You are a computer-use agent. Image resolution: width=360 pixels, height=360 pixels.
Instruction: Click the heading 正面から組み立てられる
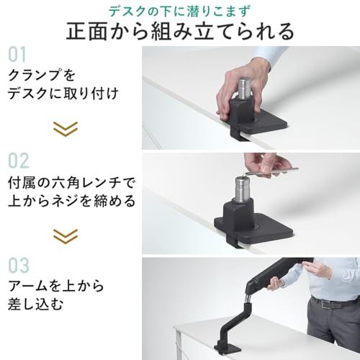click(180, 32)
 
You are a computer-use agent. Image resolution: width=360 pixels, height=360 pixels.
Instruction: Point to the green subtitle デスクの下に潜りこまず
click(180, 10)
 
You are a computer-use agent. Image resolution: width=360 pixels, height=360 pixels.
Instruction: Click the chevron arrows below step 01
click(66, 129)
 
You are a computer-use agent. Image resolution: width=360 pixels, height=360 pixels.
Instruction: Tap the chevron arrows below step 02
click(66, 235)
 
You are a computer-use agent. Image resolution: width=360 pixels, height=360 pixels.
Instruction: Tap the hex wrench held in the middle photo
click(277, 170)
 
